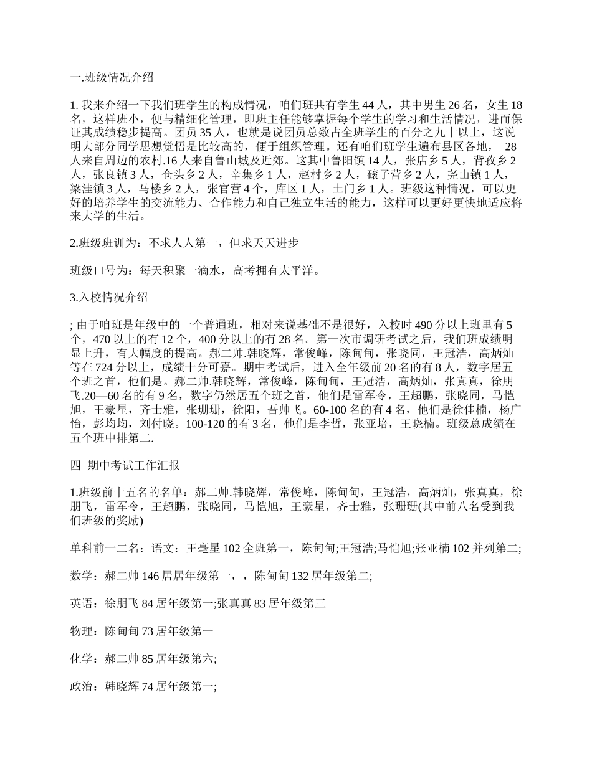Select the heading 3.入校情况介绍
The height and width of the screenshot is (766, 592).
pos(109,297)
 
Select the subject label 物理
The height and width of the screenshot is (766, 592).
pos(84,631)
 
